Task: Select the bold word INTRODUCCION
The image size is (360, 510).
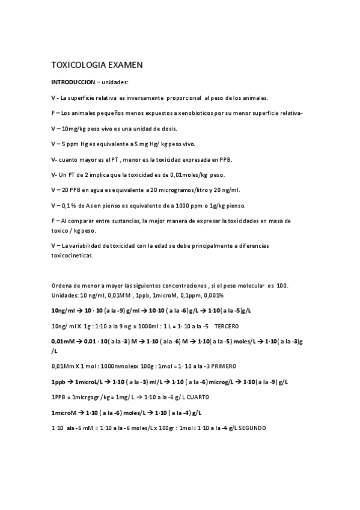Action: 73,82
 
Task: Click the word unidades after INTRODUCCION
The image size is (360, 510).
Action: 115,82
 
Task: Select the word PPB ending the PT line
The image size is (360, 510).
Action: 225,159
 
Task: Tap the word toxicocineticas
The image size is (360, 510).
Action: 72,254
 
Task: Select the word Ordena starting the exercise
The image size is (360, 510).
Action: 63,285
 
